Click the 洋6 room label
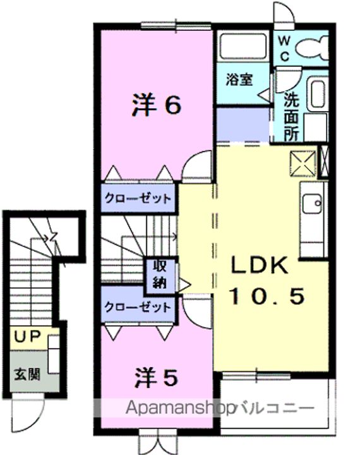point(157,106)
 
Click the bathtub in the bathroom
point(243,45)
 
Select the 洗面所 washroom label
point(291,116)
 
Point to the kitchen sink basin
point(312,203)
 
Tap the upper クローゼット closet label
point(138,198)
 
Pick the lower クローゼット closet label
point(138,308)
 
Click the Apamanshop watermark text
point(179,408)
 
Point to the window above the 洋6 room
point(167,25)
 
